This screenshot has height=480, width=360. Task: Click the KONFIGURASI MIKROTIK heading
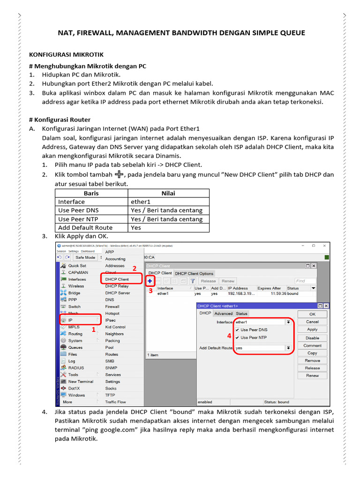[x=66, y=55]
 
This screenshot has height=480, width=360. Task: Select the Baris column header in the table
[x=91, y=193]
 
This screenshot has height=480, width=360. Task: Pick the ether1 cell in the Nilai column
[x=141, y=202]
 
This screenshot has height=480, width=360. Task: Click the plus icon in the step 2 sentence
[x=119, y=174]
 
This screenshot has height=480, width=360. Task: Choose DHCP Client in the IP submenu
[x=117, y=279]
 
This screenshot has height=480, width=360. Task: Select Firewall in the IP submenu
[x=112, y=307]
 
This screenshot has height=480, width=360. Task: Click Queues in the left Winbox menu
[x=75, y=347]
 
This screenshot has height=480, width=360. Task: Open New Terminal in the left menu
[x=81, y=382]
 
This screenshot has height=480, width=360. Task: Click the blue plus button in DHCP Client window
[x=150, y=281]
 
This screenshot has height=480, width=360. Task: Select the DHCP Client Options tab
[x=194, y=273]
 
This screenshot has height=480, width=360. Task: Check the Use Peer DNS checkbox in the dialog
[x=237, y=330]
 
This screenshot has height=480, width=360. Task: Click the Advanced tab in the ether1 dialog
[x=223, y=314]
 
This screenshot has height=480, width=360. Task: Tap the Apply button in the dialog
[x=312, y=330]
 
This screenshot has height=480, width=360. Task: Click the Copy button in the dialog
[x=312, y=353]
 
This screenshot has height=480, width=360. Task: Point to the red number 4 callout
[x=229, y=336]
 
